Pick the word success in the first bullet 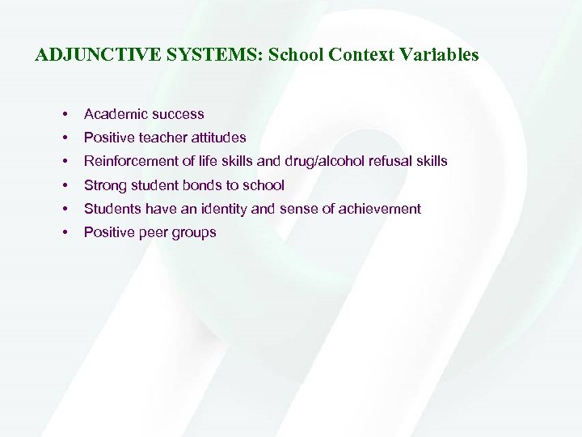tap(178, 114)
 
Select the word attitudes tap(219, 138)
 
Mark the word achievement tap(377, 209)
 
